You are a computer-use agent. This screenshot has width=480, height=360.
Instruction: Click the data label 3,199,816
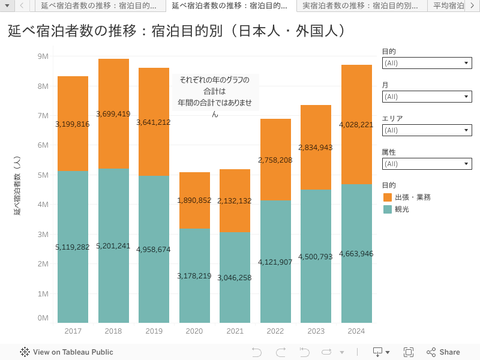[72, 124]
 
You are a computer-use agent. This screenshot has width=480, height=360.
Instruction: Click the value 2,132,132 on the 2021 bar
[235, 200]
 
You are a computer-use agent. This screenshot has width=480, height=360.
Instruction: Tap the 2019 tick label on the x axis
[154, 331]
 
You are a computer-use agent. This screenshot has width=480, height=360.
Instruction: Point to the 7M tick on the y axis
[43, 116]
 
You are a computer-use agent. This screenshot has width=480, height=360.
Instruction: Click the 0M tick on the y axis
[43, 318]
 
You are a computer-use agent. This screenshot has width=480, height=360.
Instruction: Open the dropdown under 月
[427, 97]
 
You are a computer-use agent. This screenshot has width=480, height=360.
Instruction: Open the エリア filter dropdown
[427, 130]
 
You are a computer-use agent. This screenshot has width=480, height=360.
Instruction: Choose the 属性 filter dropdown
[427, 164]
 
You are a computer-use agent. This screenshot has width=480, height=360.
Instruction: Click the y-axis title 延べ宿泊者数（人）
[17, 186]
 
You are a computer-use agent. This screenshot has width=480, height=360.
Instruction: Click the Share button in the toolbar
[443, 352]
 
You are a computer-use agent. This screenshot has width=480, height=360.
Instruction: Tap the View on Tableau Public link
[67, 352]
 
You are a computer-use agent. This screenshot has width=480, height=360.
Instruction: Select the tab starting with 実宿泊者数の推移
[360, 6]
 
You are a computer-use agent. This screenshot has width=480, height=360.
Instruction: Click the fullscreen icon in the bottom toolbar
[409, 352]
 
